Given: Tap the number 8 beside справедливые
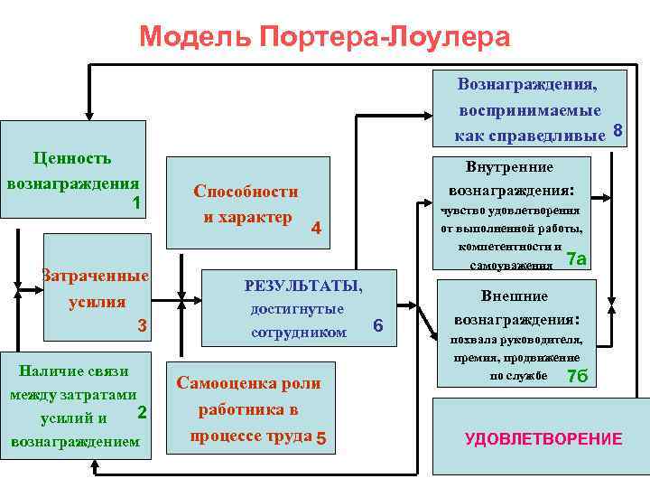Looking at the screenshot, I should (x=617, y=132).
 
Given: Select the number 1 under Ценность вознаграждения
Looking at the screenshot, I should (x=135, y=202).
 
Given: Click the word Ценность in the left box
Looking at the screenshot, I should (x=71, y=158).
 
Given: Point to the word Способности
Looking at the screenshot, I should (x=246, y=192).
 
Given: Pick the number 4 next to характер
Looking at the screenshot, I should (x=316, y=229).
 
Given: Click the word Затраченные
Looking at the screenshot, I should (x=96, y=275).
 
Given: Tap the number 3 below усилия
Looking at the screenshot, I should (x=142, y=326).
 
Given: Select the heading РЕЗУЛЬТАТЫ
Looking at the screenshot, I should (x=303, y=286).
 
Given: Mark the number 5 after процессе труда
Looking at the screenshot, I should (x=320, y=439).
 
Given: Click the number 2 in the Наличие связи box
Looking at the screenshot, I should (x=142, y=412).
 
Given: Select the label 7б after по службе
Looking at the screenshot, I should (x=577, y=376).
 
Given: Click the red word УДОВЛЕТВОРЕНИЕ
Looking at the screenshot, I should (x=543, y=439).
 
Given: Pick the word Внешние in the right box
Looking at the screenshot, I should (x=515, y=296).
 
